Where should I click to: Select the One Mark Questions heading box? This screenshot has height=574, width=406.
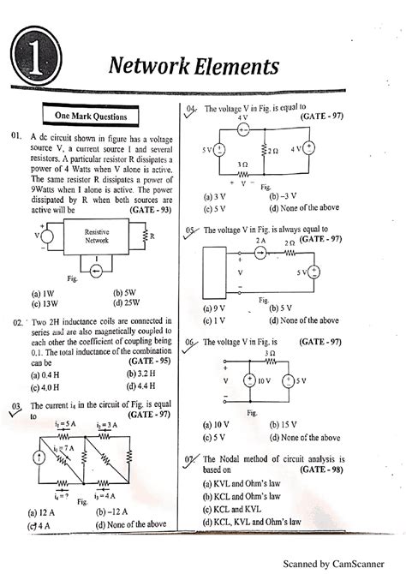point(91,116)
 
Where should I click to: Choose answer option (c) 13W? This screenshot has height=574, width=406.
point(46,302)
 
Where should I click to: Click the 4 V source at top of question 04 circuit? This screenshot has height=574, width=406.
point(242,130)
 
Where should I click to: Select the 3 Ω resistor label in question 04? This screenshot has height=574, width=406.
point(242,164)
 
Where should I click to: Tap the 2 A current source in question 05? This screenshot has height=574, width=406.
point(261,253)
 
